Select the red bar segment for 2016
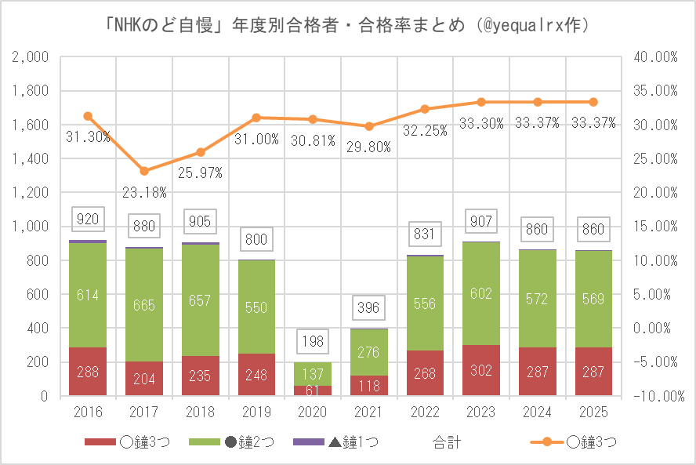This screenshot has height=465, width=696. (x=88, y=372)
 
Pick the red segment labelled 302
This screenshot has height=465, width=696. (x=480, y=370)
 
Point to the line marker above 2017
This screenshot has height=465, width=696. (x=144, y=171)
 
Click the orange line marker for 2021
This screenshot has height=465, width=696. (x=368, y=126)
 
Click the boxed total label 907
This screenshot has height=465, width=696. (x=480, y=221)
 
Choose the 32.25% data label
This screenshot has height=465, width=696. (x=425, y=131)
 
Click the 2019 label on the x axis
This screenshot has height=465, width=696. (x=256, y=412)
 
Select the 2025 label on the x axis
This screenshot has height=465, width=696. (x=593, y=412)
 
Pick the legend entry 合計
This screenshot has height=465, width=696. (x=446, y=443)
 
